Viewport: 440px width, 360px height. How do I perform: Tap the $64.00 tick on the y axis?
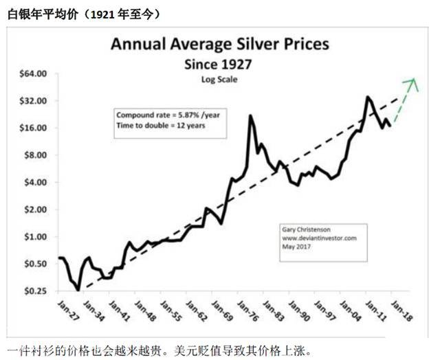pos(32,74)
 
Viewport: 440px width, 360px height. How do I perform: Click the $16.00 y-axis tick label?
pos(32,128)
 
